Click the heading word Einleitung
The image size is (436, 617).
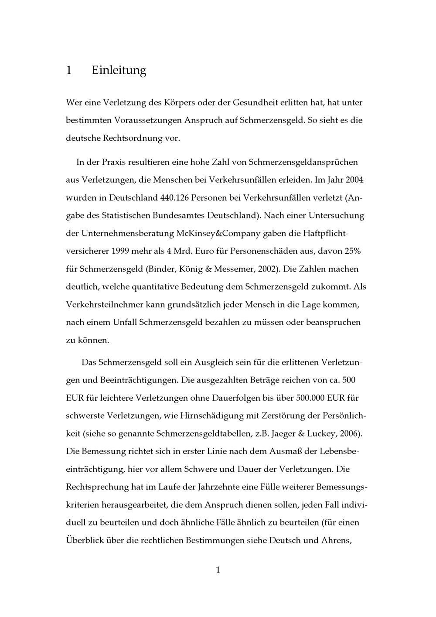click(x=119, y=70)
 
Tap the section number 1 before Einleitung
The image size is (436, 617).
click(x=68, y=70)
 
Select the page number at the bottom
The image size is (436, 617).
click(x=218, y=570)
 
